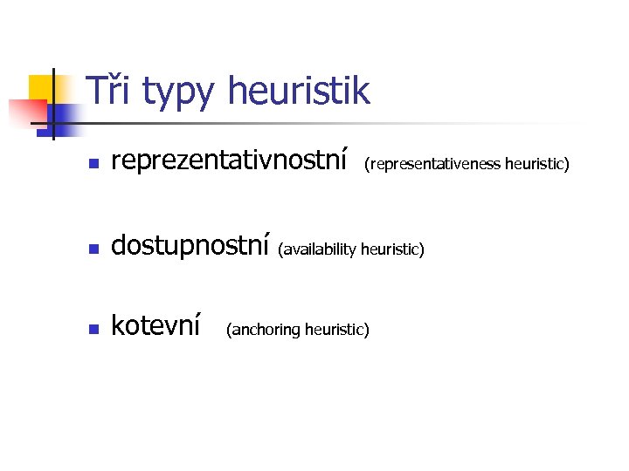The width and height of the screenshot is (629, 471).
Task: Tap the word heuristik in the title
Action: (x=298, y=91)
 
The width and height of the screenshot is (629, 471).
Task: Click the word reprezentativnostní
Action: (x=230, y=161)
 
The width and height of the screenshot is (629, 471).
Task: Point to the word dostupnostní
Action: (x=190, y=247)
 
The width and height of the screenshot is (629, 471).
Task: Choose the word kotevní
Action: (x=157, y=326)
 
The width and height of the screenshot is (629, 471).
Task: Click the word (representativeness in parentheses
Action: (x=432, y=164)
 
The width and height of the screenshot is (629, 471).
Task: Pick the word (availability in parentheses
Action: (x=317, y=250)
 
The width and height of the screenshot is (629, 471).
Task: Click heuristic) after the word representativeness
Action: (x=537, y=164)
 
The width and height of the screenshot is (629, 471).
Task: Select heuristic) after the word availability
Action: (x=392, y=250)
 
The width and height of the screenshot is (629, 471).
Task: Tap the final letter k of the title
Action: (x=361, y=91)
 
